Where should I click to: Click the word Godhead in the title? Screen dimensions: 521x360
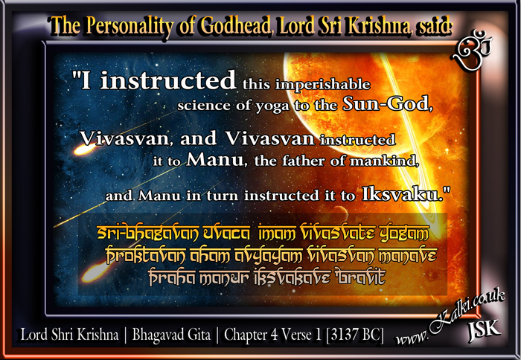pos(236,26)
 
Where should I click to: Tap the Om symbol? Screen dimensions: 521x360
pos(472,50)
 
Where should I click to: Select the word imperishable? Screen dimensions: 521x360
pos(322,85)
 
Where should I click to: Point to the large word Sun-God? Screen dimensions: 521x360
pos(388,103)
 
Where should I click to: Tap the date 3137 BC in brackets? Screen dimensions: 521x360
pos(354,335)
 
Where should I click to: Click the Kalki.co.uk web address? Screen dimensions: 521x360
pos(450,318)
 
